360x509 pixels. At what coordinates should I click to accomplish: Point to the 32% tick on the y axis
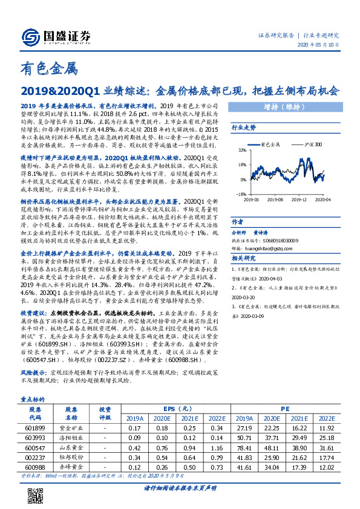pos(241,149)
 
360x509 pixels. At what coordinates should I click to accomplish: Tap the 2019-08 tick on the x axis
pos(276,198)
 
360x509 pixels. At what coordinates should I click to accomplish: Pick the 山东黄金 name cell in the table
pos(71,447)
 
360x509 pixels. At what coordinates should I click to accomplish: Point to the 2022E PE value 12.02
pos(326,467)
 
